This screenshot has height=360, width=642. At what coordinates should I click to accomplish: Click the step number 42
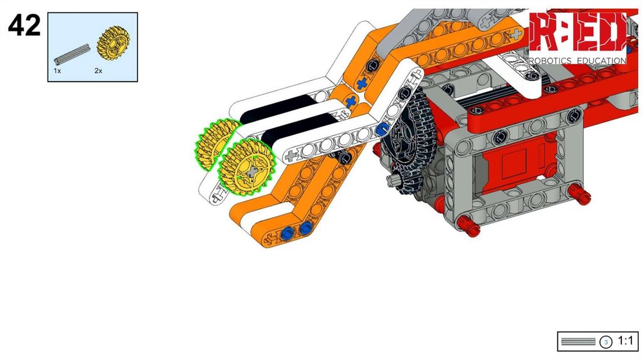[24, 25]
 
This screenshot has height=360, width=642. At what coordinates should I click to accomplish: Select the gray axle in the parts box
[72, 54]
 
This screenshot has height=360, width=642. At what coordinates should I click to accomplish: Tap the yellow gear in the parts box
[113, 41]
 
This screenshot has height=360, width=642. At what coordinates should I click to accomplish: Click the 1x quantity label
[57, 71]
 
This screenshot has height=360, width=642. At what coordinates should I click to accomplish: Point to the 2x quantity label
[98, 71]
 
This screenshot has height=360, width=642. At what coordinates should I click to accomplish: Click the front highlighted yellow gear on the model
[246, 166]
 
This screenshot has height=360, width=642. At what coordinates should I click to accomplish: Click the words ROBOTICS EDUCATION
[577, 61]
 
